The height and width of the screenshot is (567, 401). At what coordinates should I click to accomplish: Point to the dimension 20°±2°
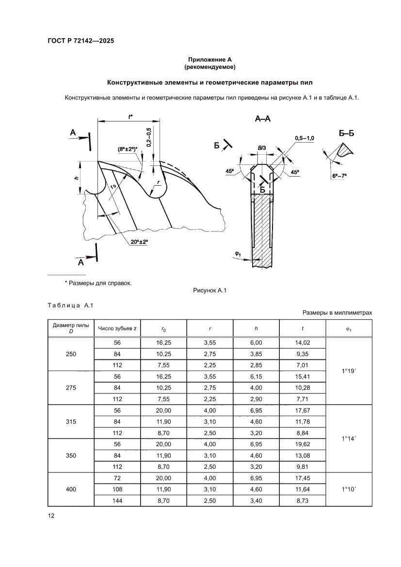point(139,243)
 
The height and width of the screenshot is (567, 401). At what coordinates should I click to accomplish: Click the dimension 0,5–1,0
point(305,138)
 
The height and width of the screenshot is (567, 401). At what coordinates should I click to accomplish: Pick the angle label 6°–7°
point(340,177)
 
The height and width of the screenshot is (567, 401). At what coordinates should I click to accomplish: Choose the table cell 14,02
point(302,342)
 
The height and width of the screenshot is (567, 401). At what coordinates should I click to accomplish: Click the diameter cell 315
point(71,421)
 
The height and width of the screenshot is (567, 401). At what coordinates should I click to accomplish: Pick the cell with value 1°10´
point(349,489)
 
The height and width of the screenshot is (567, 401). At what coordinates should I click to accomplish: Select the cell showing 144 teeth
point(117,501)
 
